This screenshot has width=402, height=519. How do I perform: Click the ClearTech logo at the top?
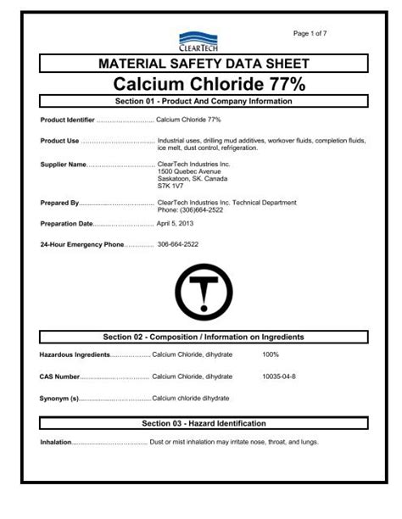(200, 37)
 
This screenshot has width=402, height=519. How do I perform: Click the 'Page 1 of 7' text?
(312, 32)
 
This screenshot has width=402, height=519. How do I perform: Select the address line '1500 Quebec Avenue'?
(190, 171)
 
